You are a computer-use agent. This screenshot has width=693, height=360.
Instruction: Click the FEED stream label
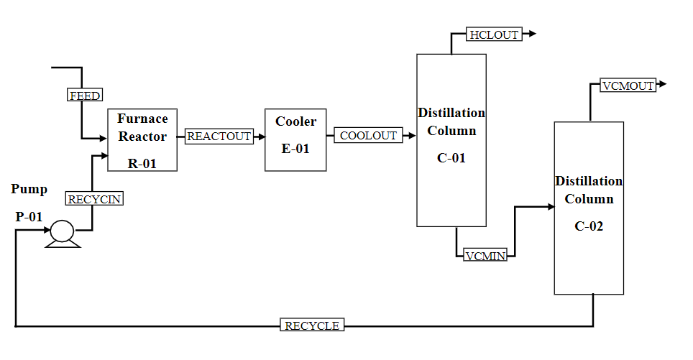coord(85,96)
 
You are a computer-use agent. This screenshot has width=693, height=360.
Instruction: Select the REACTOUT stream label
coord(219,137)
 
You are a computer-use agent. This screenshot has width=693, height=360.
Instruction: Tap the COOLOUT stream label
coord(368,136)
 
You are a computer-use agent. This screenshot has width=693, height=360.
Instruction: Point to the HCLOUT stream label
coord(494,34)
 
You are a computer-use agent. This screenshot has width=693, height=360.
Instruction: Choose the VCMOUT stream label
coord(628,86)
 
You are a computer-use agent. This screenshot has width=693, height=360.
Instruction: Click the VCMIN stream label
coord(485,256)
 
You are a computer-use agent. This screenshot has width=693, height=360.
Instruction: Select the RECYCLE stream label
coord(312,326)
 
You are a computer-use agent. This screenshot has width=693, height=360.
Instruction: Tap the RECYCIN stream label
coord(94,200)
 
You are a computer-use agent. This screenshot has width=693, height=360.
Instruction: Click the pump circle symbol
coord(62,231)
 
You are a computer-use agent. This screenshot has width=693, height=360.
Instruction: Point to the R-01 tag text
coord(142,163)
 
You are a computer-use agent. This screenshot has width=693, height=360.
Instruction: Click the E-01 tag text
coord(295,149)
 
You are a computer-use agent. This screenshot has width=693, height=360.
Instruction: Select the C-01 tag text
coord(451,158)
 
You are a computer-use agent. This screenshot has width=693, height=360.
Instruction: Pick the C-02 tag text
coord(589,226)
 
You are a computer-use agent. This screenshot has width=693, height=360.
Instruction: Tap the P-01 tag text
coord(30,216)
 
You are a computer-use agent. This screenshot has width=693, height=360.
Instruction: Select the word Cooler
coord(295,121)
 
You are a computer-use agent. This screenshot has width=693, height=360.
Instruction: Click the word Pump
coord(29,189)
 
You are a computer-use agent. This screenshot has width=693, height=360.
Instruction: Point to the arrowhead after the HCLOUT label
coord(532,34)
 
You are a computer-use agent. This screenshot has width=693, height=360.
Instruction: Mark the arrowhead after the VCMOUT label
coord(663,84)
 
